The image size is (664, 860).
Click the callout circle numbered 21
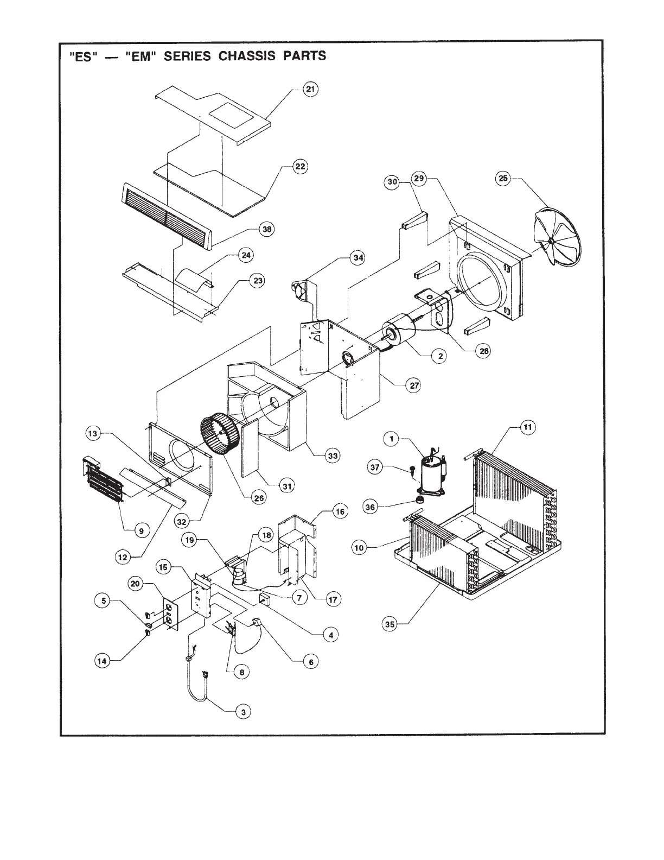click(310, 90)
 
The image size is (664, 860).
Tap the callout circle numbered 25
click(504, 179)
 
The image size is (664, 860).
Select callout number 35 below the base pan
click(390, 624)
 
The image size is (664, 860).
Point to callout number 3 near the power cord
click(244, 712)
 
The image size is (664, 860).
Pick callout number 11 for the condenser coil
click(527, 427)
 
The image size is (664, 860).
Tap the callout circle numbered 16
click(340, 512)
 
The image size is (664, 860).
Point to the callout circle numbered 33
click(333, 456)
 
